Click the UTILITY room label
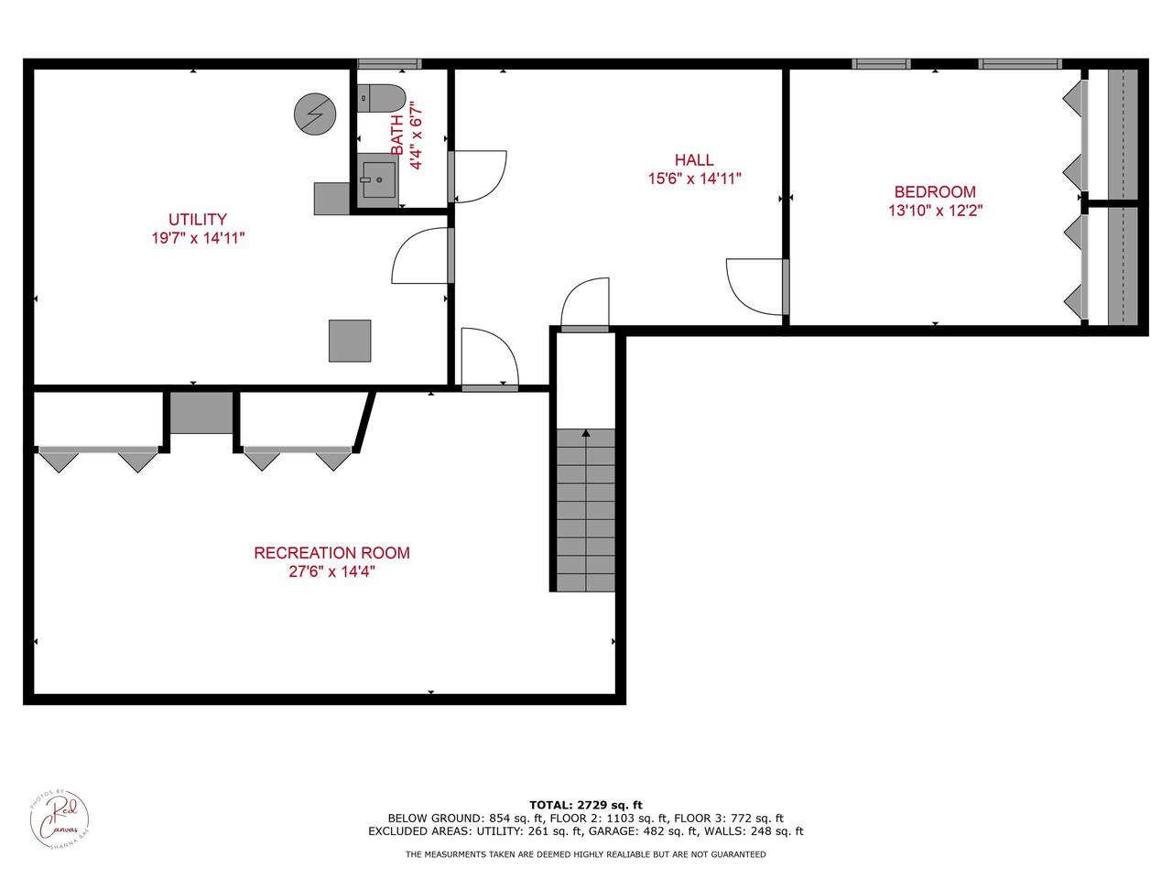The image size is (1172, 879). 197,219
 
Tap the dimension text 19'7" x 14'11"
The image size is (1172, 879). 197,238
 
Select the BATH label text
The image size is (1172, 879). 397,135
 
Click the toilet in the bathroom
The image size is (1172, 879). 382,96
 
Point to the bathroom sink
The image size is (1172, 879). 377,179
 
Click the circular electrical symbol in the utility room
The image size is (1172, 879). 315,114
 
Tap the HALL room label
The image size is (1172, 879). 694,160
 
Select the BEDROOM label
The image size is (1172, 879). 935,191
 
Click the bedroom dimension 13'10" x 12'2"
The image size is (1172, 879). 935,211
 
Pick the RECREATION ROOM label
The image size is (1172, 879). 331,553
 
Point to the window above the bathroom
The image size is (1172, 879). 388,64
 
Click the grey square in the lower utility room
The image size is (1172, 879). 350,341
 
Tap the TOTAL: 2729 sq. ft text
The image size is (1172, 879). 586,805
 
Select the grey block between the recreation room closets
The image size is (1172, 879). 201,412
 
